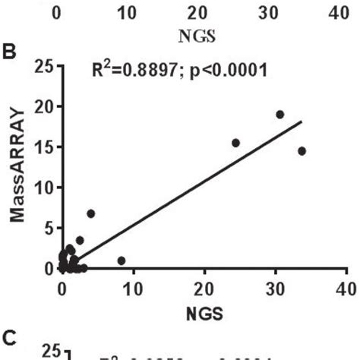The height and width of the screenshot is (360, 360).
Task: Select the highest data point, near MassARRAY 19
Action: coord(279,114)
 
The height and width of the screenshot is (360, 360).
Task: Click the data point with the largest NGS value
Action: coord(302,150)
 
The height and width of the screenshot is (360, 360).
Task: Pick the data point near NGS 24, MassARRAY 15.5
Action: coord(235,143)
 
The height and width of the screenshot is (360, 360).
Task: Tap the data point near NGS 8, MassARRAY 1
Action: coord(121,261)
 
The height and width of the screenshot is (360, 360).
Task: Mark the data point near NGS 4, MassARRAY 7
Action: coord(91,213)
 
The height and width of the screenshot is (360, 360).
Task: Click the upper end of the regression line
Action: coord(302,121)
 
